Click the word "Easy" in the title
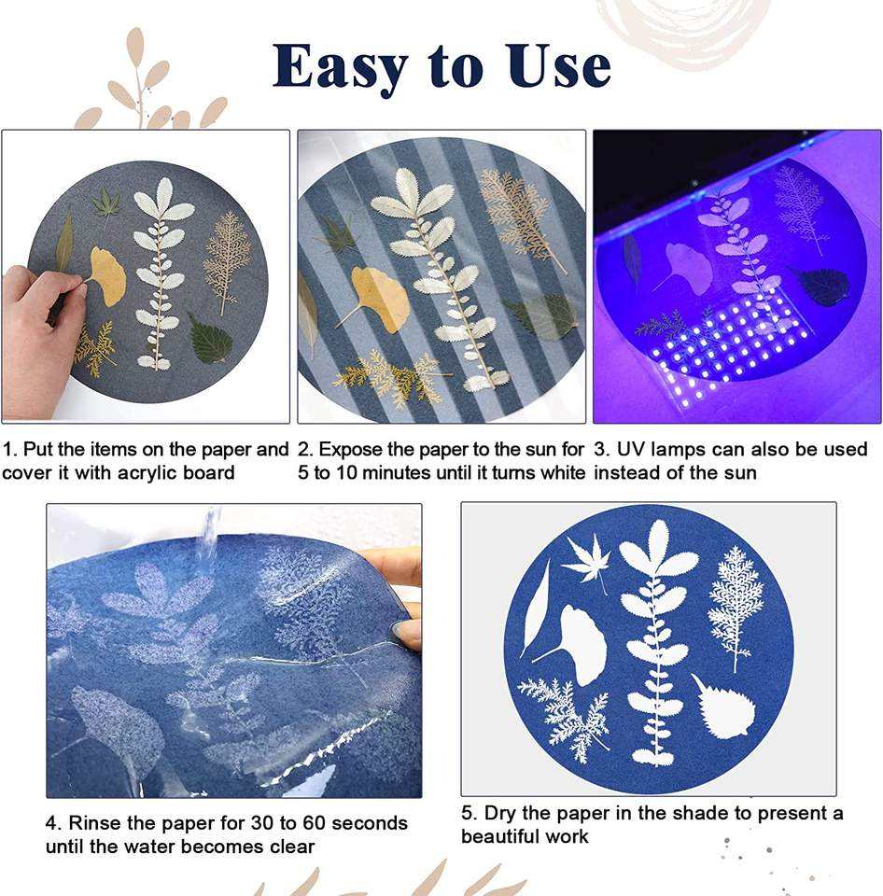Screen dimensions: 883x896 point(340,68)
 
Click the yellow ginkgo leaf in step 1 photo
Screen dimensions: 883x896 point(106,276)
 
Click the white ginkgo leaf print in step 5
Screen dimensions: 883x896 point(574,644)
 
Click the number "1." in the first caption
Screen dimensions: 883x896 point(10,450)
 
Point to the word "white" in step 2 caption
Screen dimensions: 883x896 point(563,473)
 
